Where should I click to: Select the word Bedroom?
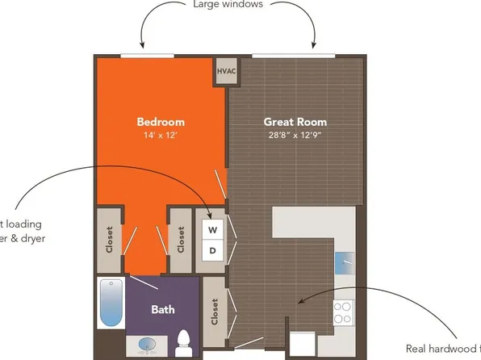pos(159,122)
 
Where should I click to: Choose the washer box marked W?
pos(212,229)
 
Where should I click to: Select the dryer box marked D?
pos(212,250)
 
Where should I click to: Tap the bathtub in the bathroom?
pos(110,302)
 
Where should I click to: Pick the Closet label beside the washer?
pos(181,239)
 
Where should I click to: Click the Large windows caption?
pos(229,4)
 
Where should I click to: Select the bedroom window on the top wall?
pos(146,56)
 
